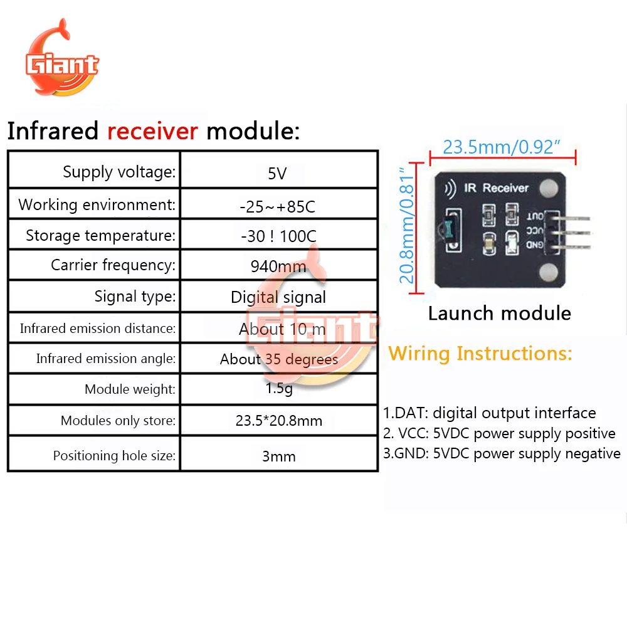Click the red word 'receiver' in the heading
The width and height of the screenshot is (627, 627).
coord(152,131)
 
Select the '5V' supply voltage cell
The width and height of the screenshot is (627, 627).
coord(277,173)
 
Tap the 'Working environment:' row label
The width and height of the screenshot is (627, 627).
coord(97,204)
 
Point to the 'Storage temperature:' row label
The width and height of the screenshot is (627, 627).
coord(100,236)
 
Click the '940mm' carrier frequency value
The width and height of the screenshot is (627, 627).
coord(278,266)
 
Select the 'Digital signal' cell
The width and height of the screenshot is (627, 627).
coord(278,297)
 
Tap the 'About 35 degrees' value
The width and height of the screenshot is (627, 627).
coord(279,359)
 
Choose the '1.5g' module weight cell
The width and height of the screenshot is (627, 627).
coord(279,389)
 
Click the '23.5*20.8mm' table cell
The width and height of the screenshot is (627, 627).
coord(279,421)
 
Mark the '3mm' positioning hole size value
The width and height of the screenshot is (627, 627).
coord(279,456)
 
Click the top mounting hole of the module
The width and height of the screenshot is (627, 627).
coord(549,186)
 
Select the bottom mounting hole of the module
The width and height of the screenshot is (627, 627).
coord(549,271)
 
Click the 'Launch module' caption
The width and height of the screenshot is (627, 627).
coord(499,313)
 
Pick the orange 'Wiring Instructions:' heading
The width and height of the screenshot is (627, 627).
coord(480,353)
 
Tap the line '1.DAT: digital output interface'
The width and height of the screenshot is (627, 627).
coord(490,413)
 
